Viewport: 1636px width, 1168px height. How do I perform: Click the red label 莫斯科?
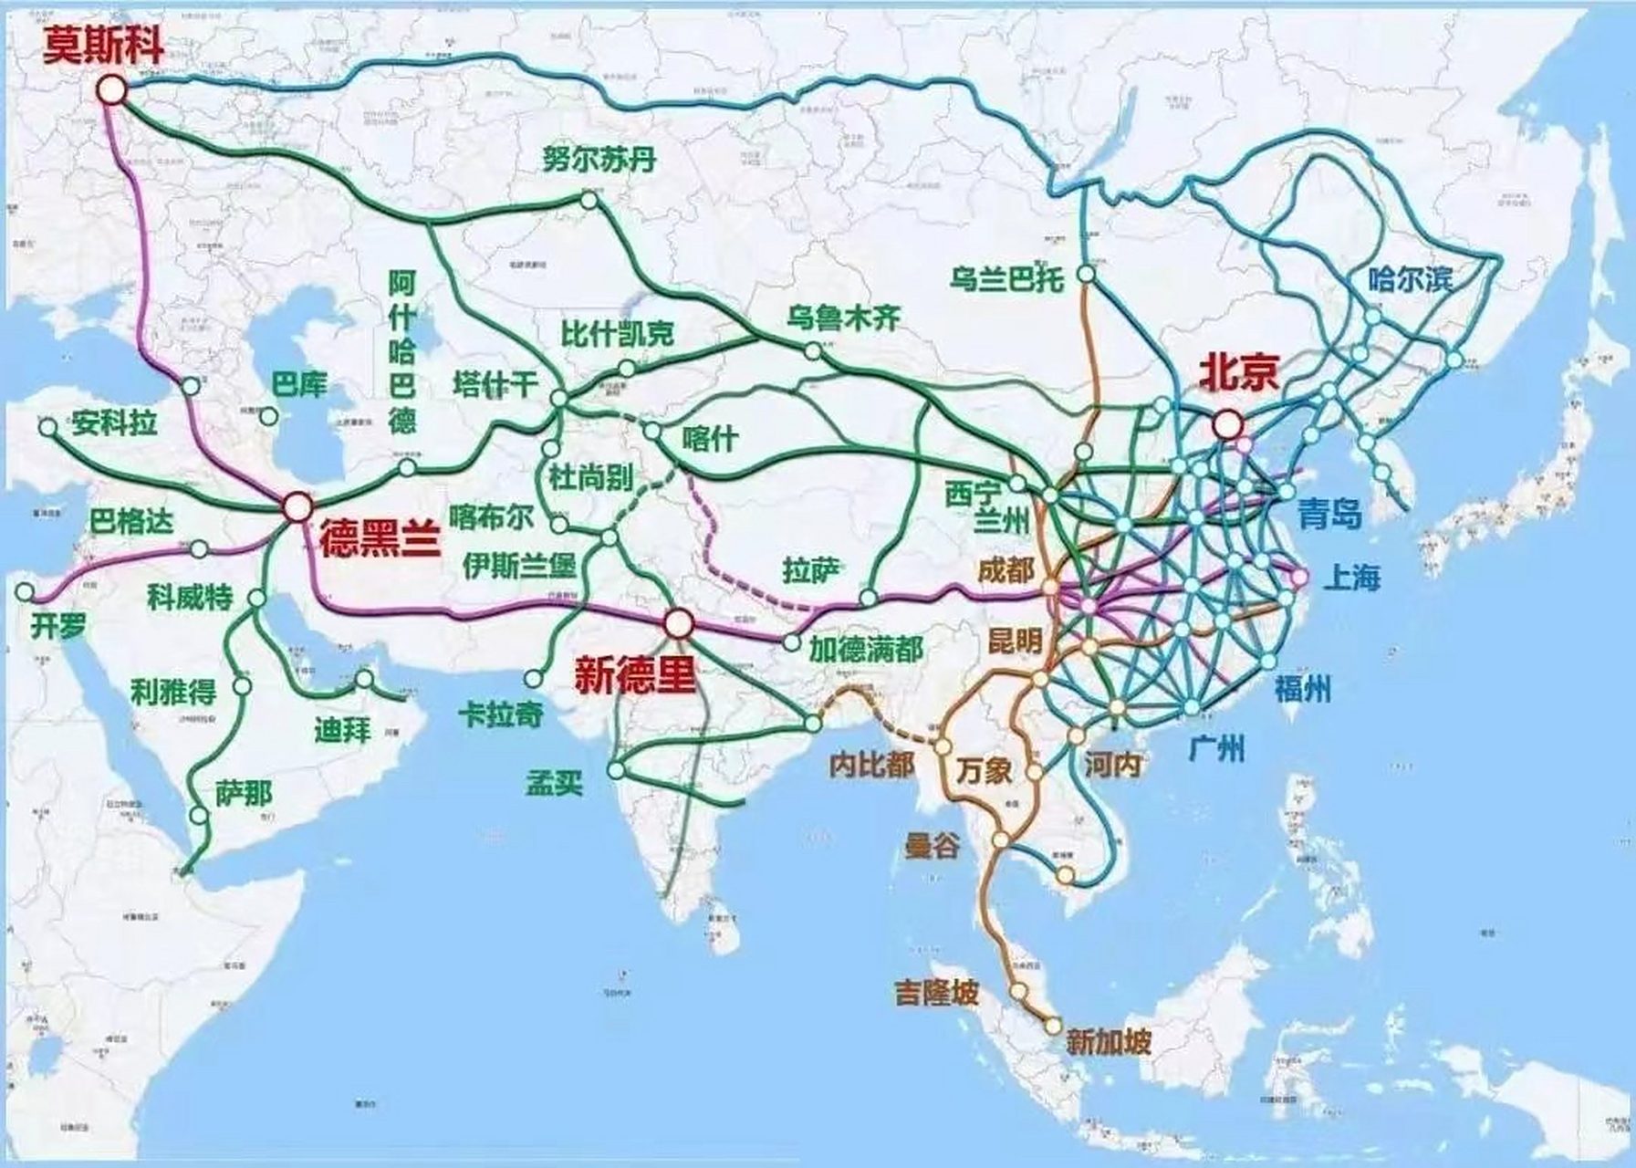[104, 45]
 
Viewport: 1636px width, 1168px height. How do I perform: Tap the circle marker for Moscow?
[112, 89]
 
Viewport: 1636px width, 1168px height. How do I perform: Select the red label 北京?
[1238, 372]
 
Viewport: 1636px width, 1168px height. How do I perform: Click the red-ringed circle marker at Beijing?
[1227, 423]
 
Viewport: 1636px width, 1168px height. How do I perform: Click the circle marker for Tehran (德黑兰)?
[297, 506]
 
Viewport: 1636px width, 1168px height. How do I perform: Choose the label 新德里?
[634, 675]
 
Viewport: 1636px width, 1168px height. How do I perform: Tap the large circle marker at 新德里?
[677, 624]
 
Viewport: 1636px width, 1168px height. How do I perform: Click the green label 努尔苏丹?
[599, 160]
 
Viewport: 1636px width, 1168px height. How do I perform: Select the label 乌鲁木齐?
[843, 318]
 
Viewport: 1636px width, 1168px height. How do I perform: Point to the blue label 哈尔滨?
[1410, 278]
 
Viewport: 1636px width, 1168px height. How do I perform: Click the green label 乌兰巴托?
[1006, 278]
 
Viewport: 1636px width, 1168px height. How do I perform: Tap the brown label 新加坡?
[1109, 1041]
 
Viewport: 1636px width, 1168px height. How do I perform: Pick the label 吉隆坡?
[936, 991]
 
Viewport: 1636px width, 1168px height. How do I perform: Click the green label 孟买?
[554, 782]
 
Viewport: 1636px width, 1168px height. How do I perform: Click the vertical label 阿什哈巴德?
[401, 351]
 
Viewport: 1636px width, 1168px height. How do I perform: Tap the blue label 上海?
[1352, 578]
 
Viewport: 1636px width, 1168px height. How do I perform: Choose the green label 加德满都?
[866, 649]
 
